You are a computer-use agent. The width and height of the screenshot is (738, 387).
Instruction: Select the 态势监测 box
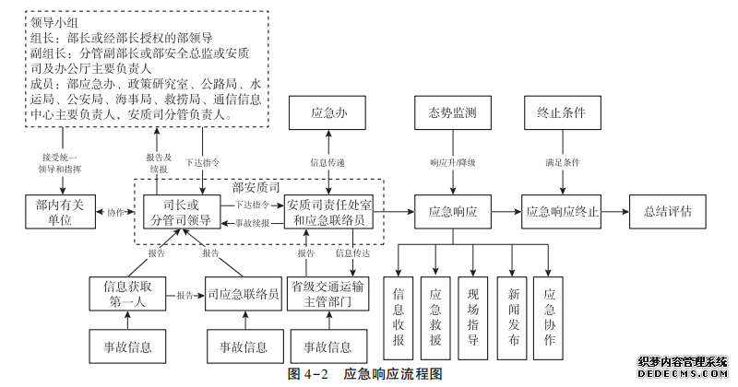point(452,113)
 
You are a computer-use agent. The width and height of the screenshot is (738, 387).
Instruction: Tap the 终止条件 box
point(561,113)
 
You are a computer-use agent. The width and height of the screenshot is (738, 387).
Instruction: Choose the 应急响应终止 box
point(562,211)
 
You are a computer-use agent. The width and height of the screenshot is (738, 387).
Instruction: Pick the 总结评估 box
point(667,211)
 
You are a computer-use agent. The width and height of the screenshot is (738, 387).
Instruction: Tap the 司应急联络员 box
point(244,295)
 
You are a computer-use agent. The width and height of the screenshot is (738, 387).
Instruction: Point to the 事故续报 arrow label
point(252,223)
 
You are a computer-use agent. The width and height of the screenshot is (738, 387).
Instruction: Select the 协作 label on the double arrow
point(114,212)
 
